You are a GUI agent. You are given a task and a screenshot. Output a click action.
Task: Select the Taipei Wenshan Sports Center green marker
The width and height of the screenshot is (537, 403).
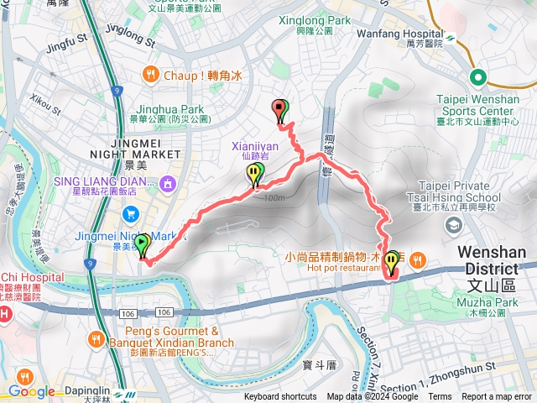coord(478,78)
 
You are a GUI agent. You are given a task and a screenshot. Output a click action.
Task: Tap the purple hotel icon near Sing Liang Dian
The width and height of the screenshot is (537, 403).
coord(168,181)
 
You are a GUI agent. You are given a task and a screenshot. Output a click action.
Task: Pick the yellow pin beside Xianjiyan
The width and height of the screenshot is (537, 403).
coord(254,175)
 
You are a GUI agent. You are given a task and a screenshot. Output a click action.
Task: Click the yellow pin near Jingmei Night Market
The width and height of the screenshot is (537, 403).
coord(141,245)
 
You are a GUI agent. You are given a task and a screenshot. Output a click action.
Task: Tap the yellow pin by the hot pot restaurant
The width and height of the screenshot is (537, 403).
coord(391,264)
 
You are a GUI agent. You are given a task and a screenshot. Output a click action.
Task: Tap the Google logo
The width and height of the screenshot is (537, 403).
coord(31,391)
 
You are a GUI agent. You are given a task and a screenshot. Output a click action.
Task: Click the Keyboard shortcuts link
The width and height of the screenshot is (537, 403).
coord(280,397)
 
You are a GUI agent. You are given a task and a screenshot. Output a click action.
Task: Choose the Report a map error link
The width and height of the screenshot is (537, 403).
coord(496,397)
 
